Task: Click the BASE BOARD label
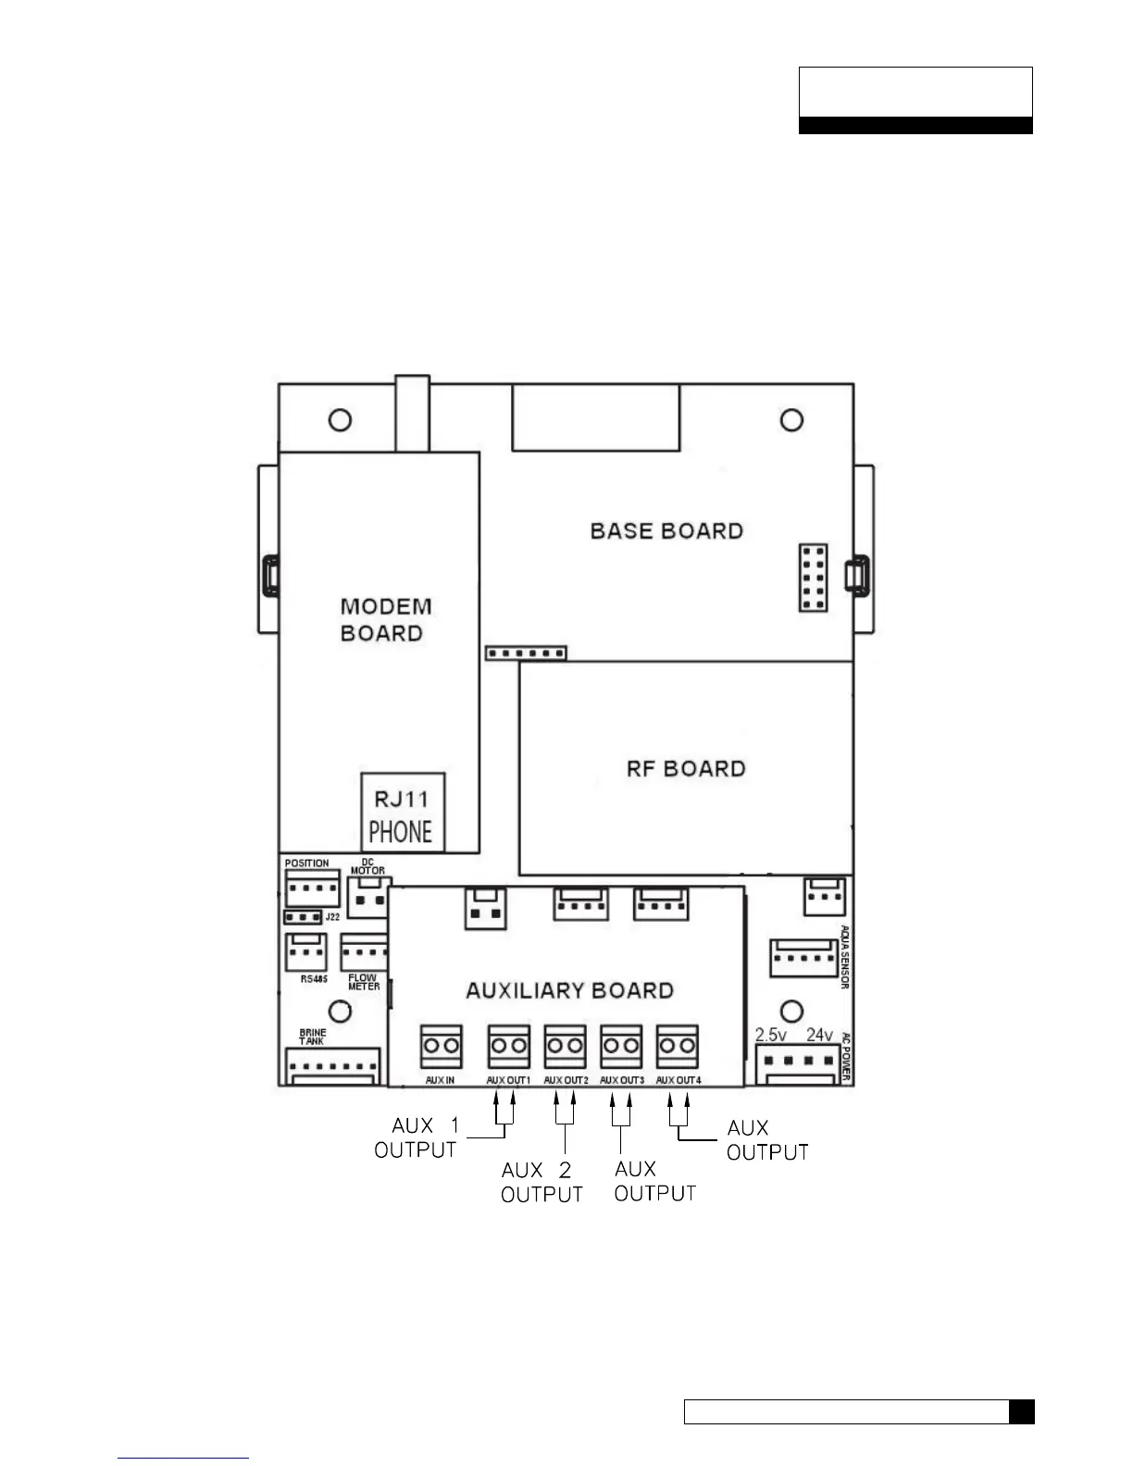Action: (x=666, y=531)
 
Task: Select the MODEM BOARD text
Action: (x=385, y=620)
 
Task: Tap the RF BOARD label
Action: (x=685, y=769)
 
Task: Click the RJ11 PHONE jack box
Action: (x=403, y=813)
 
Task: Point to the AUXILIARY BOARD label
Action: (x=569, y=990)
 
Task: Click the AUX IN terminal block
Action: (x=441, y=1047)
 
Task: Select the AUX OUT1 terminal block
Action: (x=508, y=1047)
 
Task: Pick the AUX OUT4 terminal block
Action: (x=678, y=1047)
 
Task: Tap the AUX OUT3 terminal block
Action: (x=621, y=1047)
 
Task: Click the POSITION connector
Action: (x=312, y=889)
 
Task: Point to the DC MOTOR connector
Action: (x=368, y=897)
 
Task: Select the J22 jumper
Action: (x=303, y=917)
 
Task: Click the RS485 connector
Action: (x=306, y=951)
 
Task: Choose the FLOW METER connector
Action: (x=364, y=952)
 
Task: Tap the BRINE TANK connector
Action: (x=334, y=1066)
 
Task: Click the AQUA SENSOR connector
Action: (x=804, y=958)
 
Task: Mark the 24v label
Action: (x=819, y=1035)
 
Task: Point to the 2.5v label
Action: (x=771, y=1035)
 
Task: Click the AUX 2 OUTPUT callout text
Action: (x=542, y=1183)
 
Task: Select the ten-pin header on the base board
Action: (x=813, y=578)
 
